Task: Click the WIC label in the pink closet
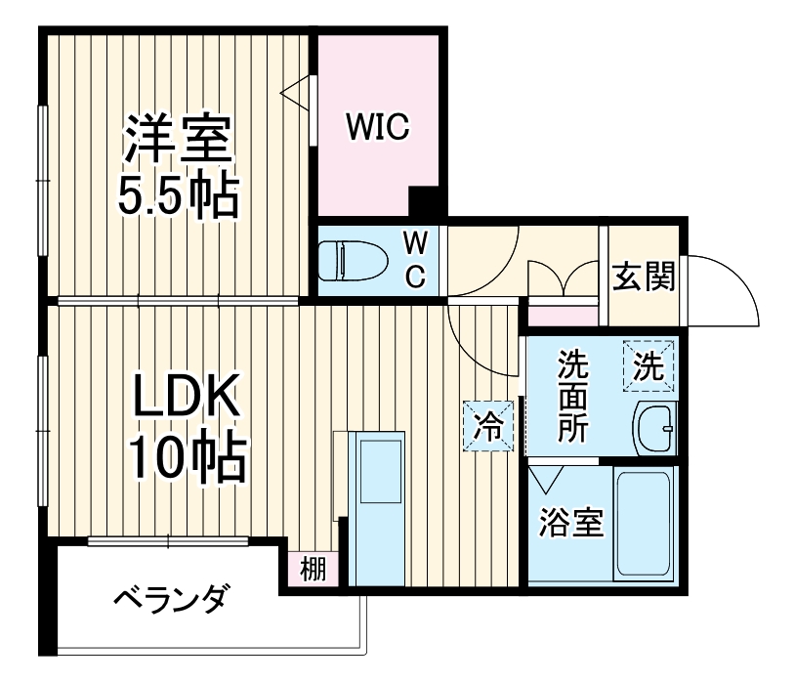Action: tap(377, 128)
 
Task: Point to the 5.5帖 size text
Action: tap(178, 196)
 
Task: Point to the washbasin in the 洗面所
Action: tap(654, 428)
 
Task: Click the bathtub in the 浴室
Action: tap(644, 523)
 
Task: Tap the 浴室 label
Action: tap(571, 523)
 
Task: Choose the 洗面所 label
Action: tap(573, 398)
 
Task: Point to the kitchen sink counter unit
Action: tap(377, 508)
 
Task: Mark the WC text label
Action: tap(415, 259)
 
